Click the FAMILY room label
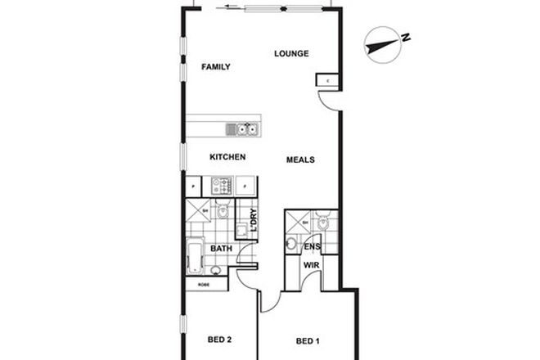pyautogui.click(x=216, y=67)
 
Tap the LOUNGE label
pyautogui.click(x=290, y=54)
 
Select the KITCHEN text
pyautogui.click(x=227, y=157)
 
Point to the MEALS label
pyautogui.click(x=300, y=160)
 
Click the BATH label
pyautogui.click(x=222, y=248)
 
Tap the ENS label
pyautogui.click(x=312, y=246)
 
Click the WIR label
pyautogui.click(x=312, y=266)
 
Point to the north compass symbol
pyautogui.click(x=381, y=45)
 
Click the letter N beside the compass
pyautogui.click(x=406, y=36)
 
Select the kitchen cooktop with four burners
pyautogui.click(x=223, y=187)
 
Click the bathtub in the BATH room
pyautogui.click(x=195, y=256)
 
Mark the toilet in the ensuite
pyautogui.click(x=323, y=222)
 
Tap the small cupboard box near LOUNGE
pyautogui.click(x=326, y=80)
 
